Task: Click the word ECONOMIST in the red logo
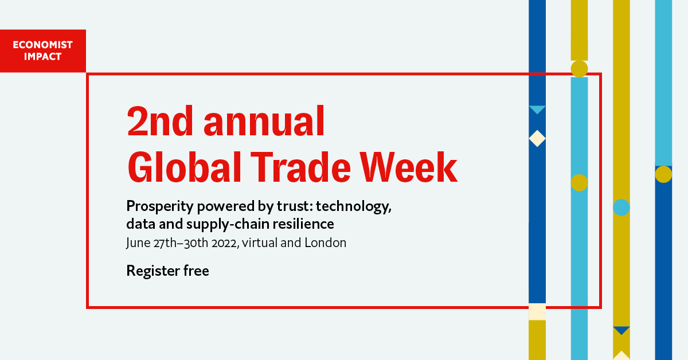coord(42,45)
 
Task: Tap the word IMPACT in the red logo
coord(42,57)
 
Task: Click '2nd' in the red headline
coord(160,121)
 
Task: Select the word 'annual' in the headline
coord(264,121)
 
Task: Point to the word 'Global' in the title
coord(184,167)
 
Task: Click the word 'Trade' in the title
coord(300,167)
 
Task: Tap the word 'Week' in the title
coord(409,167)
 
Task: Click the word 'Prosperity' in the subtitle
coord(160,206)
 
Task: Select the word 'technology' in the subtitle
coord(354,206)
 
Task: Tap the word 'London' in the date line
coord(325,242)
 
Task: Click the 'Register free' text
coord(167,271)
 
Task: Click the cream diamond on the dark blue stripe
coord(537,139)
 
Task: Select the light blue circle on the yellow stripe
coord(621,208)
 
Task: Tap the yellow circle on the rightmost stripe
coord(663,174)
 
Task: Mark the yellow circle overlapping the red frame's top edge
coord(579,69)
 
